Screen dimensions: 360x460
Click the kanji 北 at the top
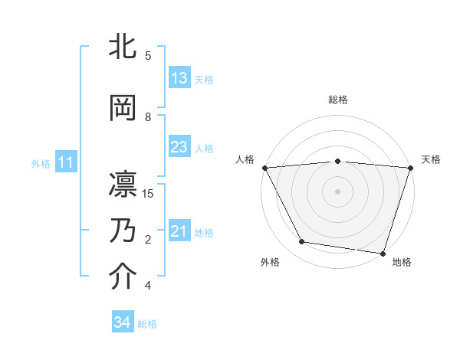(x=123, y=46)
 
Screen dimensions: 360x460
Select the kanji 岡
(x=123, y=108)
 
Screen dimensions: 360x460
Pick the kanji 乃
(x=123, y=231)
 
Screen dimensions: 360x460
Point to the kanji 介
(x=123, y=277)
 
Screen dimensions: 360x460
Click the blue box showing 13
(x=179, y=78)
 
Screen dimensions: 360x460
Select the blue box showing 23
(x=179, y=147)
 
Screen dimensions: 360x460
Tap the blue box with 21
(x=179, y=231)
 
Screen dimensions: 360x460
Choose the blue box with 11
(x=65, y=162)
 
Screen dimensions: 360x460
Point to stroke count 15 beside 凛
(x=148, y=193)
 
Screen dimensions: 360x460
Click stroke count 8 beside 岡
(x=148, y=116)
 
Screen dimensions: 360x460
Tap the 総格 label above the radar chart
(x=338, y=100)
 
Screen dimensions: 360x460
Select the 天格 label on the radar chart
(x=432, y=159)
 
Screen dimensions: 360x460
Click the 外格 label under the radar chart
(x=270, y=262)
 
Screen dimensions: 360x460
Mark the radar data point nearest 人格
(x=264, y=167)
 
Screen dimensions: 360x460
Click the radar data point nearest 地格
(x=383, y=253)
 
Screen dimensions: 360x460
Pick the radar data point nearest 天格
(x=411, y=168)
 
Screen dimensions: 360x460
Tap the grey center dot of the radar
(x=338, y=191)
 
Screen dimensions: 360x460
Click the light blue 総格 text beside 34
(x=147, y=324)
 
